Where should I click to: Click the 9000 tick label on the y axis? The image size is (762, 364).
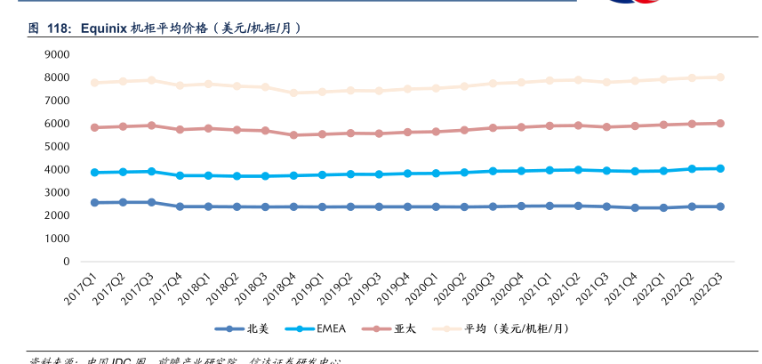pyautogui.click(x=56, y=54)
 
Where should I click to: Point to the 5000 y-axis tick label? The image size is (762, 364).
pyautogui.click(x=56, y=147)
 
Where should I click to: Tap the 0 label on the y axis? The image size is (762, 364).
pyautogui.click(x=66, y=262)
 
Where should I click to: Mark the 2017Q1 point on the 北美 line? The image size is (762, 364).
pyautogui.click(x=94, y=203)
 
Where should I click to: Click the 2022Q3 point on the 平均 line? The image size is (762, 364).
pyautogui.click(x=720, y=77)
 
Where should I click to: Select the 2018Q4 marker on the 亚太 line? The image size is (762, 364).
pyautogui.click(x=293, y=135)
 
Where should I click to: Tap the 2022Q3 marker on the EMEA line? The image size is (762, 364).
pyautogui.click(x=720, y=168)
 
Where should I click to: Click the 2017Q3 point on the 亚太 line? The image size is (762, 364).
pyautogui.click(x=151, y=125)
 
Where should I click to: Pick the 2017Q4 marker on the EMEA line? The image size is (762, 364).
pyautogui.click(x=180, y=175)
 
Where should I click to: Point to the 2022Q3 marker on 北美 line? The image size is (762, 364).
pyautogui.click(x=720, y=206)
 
